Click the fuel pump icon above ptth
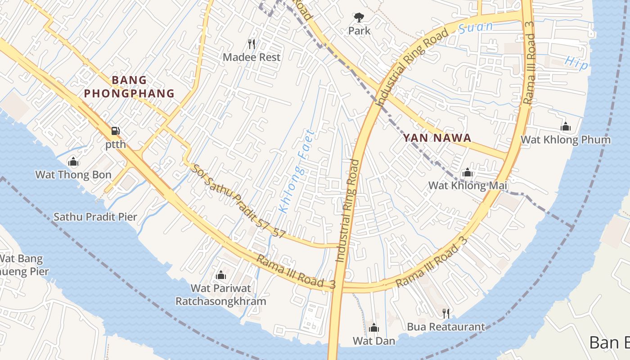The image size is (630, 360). click(x=116, y=131)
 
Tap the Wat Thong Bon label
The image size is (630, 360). click(x=73, y=175)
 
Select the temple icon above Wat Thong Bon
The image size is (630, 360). click(x=73, y=162)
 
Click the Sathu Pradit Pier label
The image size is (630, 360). click(x=95, y=217)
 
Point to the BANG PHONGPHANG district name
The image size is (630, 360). click(x=129, y=87)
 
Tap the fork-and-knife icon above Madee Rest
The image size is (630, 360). click(x=252, y=44)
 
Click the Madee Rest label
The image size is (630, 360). click(x=252, y=57)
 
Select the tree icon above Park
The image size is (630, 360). click(x=359, y=18)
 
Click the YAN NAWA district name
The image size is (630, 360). click(x=437, y=138)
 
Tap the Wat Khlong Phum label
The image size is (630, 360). click(x=566, y=139)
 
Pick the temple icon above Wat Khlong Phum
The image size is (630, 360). click(x=566, y=127)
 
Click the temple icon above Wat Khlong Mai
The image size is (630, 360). click(x=467, y=172)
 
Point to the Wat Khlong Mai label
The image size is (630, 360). click(x=468, y=185)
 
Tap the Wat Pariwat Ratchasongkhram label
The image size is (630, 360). click(x=221, y=294)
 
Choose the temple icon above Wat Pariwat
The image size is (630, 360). click(x=221, y=275)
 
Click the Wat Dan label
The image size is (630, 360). click(x=374, y=341)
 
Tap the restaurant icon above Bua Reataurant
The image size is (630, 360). click(x=446, y=313)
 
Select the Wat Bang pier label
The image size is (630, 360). click(x=22, y=265)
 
